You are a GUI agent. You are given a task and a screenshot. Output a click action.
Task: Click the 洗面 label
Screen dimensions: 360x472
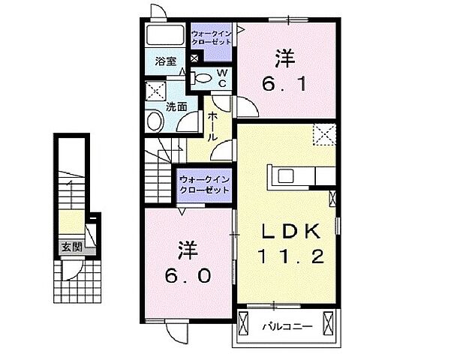click(x=177, y=106)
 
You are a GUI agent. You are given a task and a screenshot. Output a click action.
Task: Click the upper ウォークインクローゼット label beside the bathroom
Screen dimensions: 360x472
click(x=211, y=38)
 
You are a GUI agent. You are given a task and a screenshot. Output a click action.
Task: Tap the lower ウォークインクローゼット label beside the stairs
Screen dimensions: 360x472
click(x=203, y=185)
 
